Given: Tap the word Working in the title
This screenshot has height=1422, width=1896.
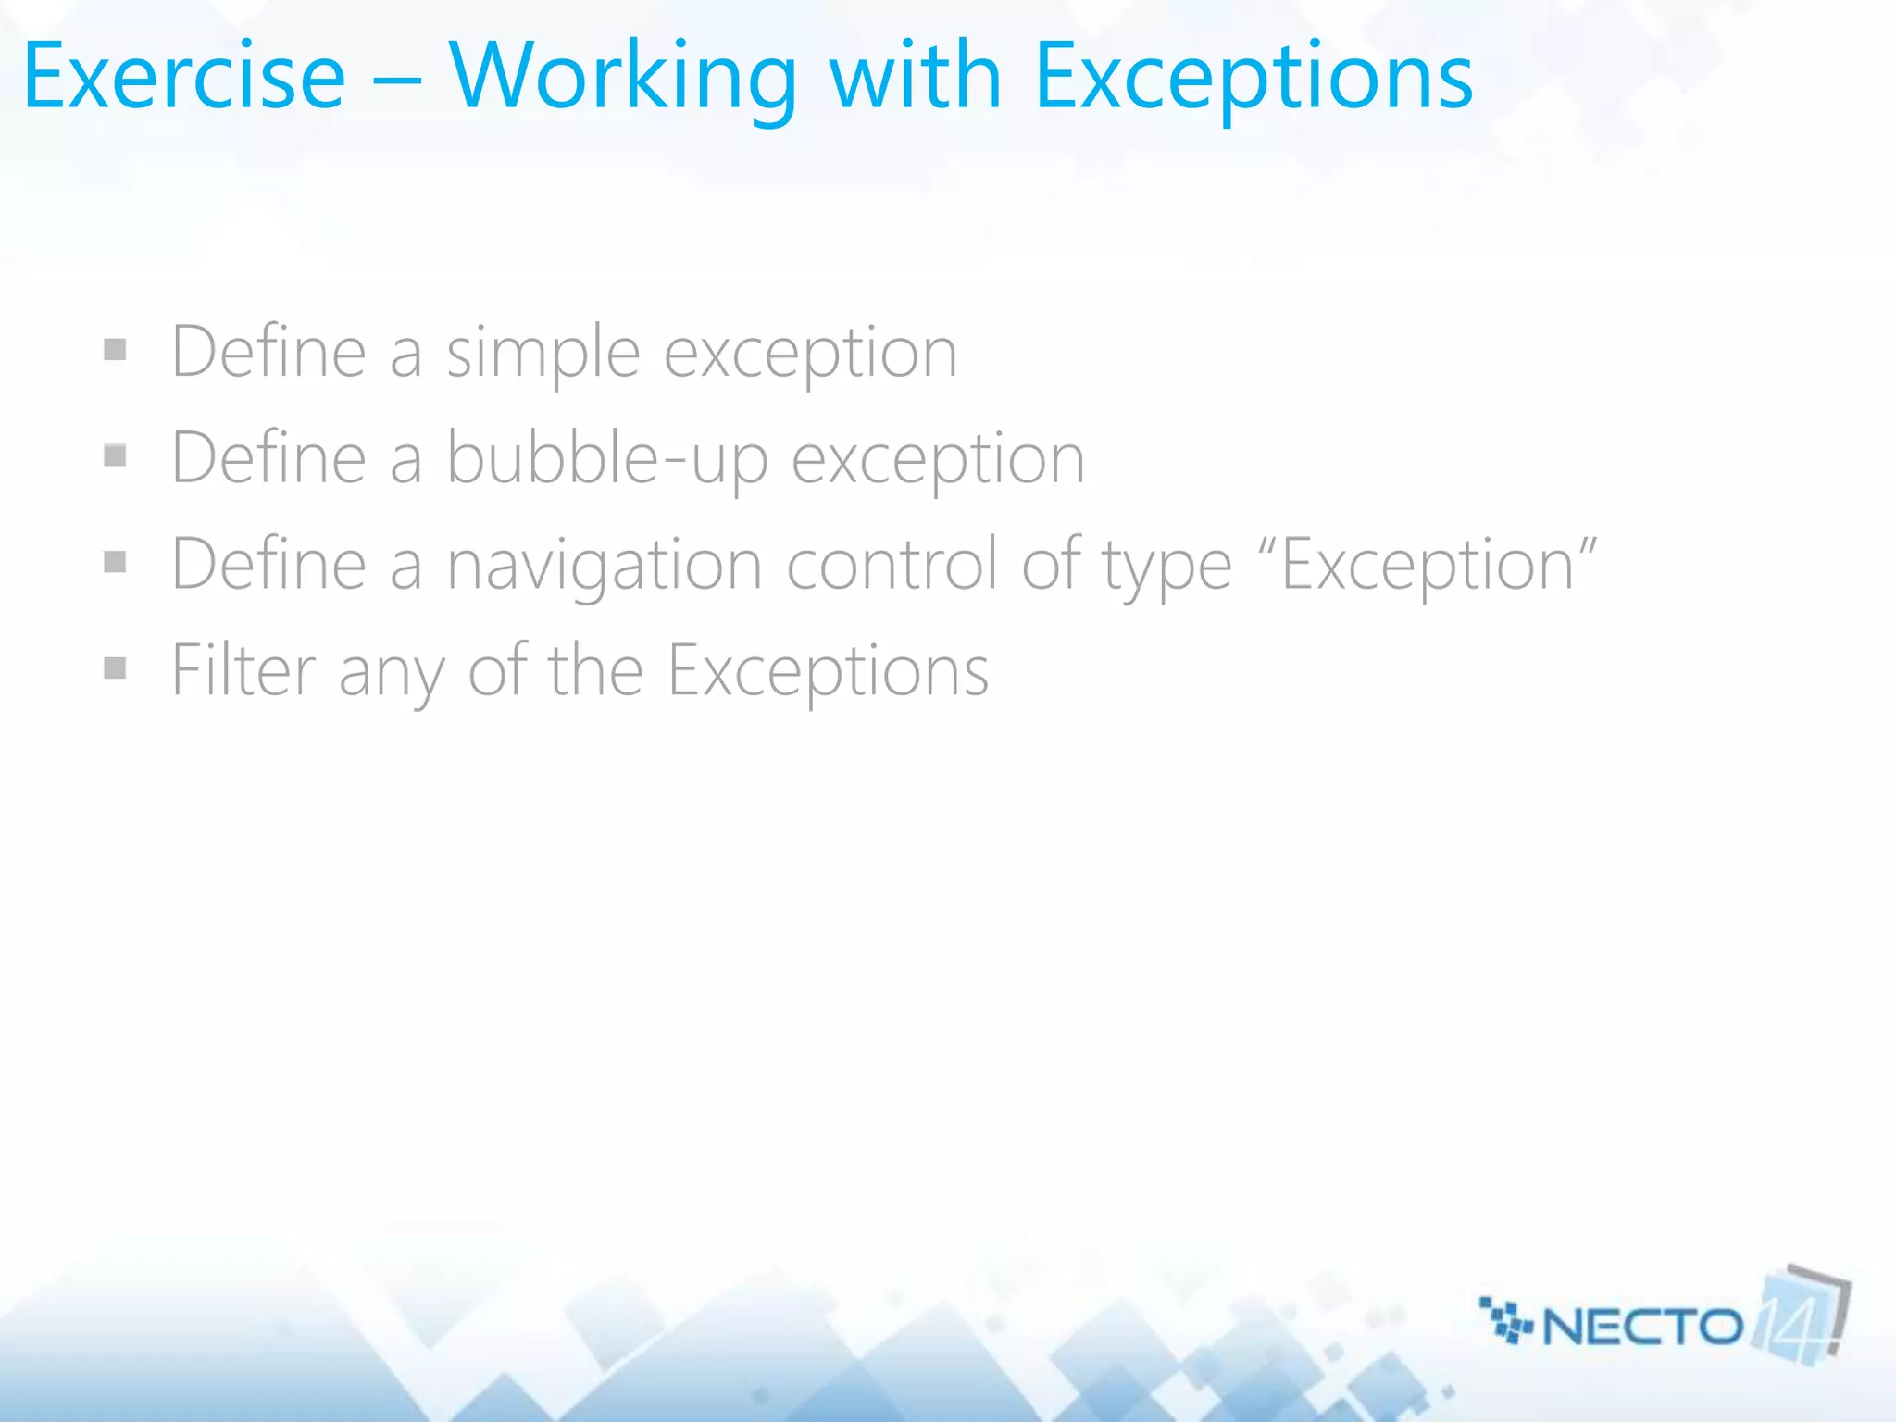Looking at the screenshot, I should point(622,79).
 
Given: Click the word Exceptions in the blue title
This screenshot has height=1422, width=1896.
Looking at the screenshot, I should point(1252,79).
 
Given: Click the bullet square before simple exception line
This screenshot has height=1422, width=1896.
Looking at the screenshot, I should point(115,350).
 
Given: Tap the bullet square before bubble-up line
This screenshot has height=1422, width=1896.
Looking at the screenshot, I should point(115,455).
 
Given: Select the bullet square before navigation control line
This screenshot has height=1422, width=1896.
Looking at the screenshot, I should point(115,562).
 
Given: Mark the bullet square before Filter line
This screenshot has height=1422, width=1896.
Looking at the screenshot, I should point(115,667).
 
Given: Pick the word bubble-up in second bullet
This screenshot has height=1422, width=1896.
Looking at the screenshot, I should point(607,459).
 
